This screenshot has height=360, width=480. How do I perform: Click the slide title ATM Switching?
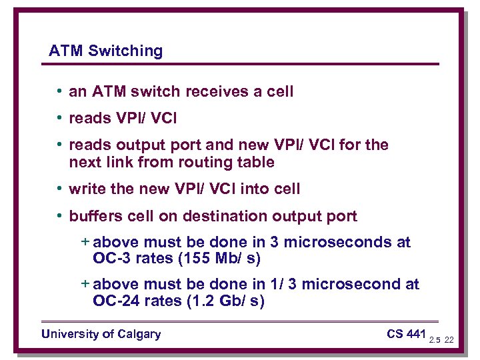tap(105, 51)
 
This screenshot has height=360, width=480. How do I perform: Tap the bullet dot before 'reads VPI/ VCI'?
tap(60, 118)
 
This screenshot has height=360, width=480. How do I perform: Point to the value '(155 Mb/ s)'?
tap(222, 258)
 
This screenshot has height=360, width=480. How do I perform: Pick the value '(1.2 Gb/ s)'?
tap(225, 301)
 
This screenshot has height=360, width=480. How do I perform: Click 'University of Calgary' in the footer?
tap(101, 334)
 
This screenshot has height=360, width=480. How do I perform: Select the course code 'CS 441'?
tap(406, 333)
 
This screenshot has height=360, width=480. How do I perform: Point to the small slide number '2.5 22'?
tap(441, 340)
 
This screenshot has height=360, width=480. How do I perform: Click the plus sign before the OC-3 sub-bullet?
tap(85, 242)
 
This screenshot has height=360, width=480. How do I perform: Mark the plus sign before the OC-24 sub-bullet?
tap(85, 284)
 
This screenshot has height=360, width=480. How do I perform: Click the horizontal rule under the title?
tap(244, 64)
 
